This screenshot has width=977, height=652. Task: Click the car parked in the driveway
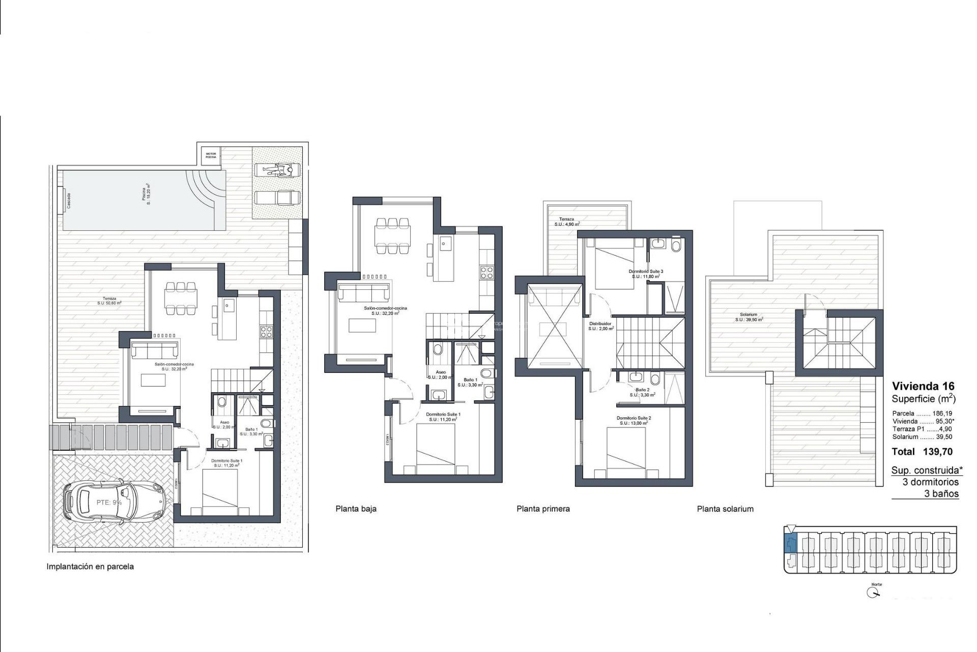coord(114,503)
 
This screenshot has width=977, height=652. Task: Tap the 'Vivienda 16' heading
coord(923,386)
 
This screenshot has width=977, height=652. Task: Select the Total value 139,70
coord(938,452)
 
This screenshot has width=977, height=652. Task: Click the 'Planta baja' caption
coord(356,509)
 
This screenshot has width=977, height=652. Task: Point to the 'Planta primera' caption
coord(543,509)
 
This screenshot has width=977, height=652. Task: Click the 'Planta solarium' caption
coord(725,509)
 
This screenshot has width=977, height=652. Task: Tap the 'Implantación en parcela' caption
coord(90,566)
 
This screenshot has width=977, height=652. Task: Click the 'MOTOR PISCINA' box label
coord(211,155)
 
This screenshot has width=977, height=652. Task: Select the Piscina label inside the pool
coord(146,195)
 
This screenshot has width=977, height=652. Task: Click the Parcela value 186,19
coord(942,414)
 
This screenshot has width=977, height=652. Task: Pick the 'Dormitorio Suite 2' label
coord(634,420)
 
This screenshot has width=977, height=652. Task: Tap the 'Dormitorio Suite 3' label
coord(646,274)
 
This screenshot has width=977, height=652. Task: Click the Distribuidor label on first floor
coord(600,326)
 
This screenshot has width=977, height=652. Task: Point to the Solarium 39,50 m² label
coord(749,317)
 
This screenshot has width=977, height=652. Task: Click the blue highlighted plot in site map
coord(790,544)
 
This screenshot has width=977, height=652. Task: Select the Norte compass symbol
coord(874,592)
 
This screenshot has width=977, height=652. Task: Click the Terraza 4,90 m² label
coord(566,222)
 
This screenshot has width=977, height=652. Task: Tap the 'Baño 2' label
coord(642,392)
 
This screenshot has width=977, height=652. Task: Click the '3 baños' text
coord(941,494)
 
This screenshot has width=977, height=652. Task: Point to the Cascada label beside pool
coord(69,201)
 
